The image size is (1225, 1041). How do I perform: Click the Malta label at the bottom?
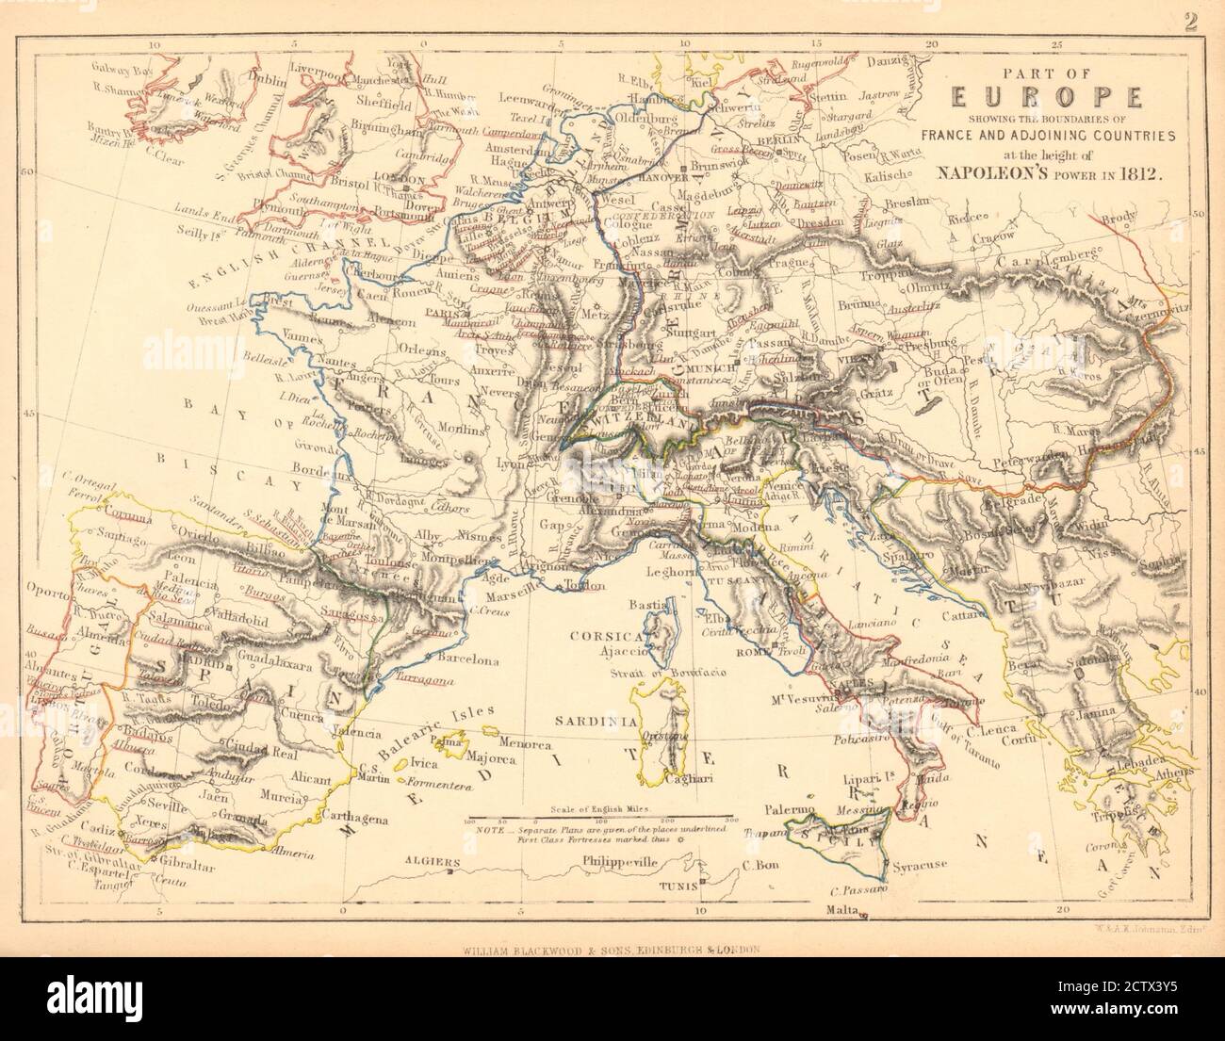tap(843, 909)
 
